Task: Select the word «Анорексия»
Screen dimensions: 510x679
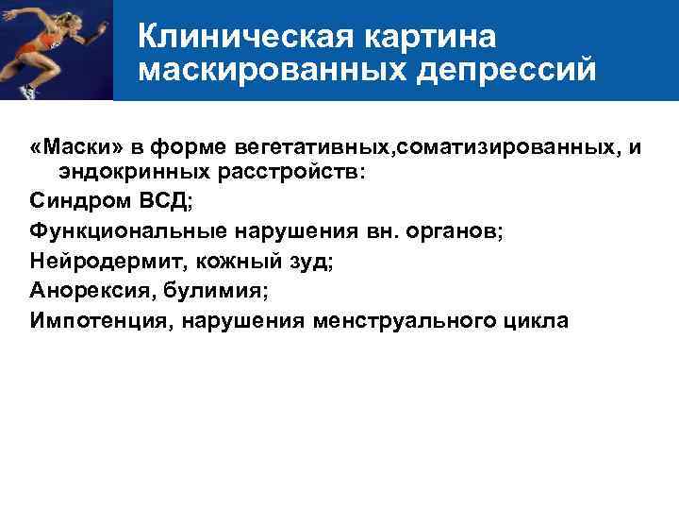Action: pos(87,291)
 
